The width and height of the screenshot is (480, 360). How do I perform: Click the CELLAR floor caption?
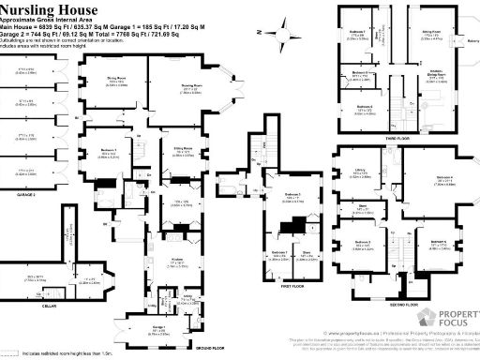[35, 305]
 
